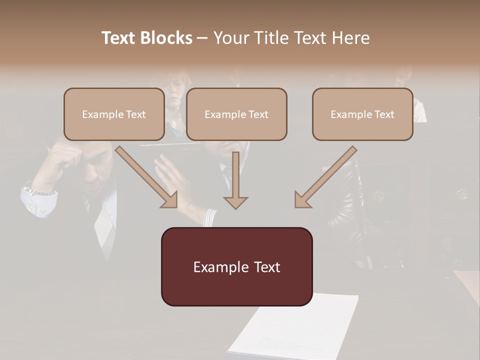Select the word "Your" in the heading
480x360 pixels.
tap(232, 38)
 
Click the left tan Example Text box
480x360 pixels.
tap(114, 114)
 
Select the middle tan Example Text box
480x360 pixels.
tap(236, 114)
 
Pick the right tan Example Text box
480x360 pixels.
tap(362, 114)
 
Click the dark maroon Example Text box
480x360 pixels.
tap(236, 266)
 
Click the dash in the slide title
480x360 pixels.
tap(202, 38)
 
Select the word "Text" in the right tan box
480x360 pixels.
tap(384, 114)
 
